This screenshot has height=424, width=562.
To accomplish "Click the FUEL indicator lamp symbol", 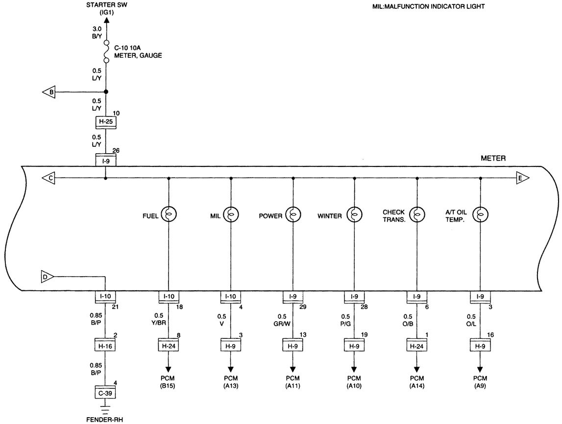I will pyautogui.click(x=169, y=214).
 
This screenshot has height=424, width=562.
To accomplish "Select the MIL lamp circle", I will pyautogui.click(x=231, y=214).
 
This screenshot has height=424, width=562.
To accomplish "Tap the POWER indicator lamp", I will pyautogui.click(x=293, y=214).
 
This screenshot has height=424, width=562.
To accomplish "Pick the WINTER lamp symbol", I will pyautogui.click(x=354, y=214).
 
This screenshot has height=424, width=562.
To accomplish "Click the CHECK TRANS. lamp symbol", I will pyautogui.click(x=417, y=214).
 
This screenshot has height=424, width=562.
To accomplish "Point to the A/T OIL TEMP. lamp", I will pyautogui.click(x=480, y=214).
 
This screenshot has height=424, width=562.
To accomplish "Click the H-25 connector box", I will pyautogui.click(x=106, y=122).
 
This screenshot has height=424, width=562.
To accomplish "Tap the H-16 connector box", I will pyautogui.click(x=106, y=346).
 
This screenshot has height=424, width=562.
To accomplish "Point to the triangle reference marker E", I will pyautogui.click(x=522, y=178).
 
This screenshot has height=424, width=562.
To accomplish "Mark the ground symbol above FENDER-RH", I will pyautogui.click(x=106, y=407).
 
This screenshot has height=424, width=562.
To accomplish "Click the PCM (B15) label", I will pyautogui.click(x=169, y=382).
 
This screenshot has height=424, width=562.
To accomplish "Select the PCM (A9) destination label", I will pyautogui.click(x=480, y=382).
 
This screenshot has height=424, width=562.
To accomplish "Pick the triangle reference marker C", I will pyautogui.click(x=49, y=178).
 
